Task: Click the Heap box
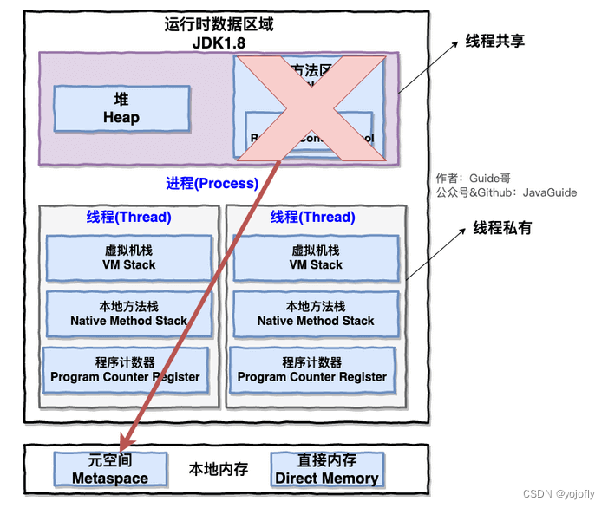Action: [121, 108]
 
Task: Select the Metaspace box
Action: [109, 469]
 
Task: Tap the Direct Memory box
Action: [326, 469]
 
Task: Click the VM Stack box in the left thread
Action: [128, 257]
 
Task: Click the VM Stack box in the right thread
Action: [316, 257]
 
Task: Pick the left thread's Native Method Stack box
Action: [128, 313]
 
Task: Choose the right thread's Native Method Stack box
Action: [316, 313]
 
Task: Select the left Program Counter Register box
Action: [125, 370]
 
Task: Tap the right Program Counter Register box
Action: [312, 370]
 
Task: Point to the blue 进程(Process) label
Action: [212, 183]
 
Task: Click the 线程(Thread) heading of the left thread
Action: [128, 217]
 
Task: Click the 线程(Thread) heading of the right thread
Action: [312, 217]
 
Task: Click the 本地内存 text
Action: [219, 469]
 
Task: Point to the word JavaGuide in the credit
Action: [550, 192]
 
